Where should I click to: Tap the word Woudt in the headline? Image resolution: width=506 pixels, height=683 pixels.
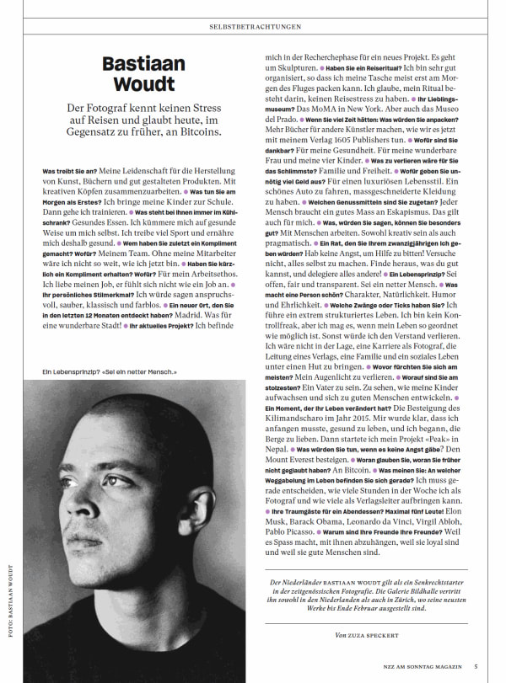(138, 84)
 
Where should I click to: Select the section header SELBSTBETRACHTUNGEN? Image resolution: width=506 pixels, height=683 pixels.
(255, 27)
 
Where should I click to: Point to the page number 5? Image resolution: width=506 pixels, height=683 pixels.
(476, 668)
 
